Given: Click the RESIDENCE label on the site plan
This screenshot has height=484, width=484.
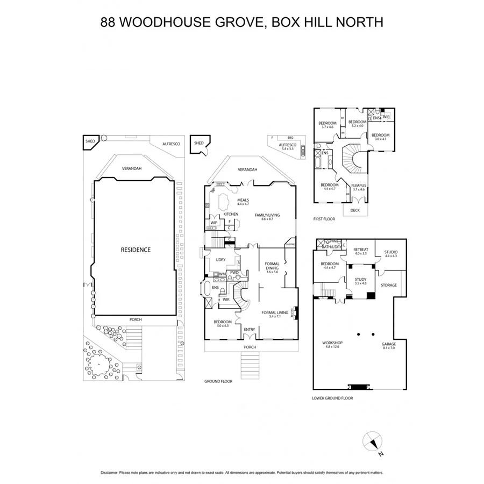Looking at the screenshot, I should point(135,250).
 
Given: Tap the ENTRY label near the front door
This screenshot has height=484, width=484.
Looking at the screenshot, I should point(250,329).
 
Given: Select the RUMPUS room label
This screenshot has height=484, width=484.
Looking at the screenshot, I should point(358,186).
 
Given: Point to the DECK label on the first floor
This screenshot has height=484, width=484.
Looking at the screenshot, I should point(355,210).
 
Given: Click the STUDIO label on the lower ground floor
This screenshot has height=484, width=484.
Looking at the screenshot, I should point(390,252).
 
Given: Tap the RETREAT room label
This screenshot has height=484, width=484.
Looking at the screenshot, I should point(360,250).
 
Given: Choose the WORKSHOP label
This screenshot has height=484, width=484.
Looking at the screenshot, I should point(332,343).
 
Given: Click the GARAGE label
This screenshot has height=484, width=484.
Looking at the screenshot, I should point(388,344).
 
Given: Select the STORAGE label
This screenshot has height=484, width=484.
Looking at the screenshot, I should point(388,285).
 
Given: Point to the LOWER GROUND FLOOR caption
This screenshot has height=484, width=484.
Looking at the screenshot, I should point(332,398).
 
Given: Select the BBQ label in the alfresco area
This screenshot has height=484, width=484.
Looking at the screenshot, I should point(290,138).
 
